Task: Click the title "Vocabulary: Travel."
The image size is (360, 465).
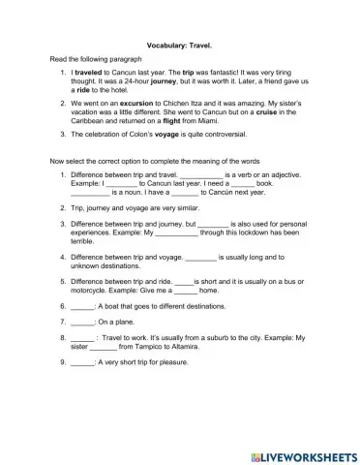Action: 181,45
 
